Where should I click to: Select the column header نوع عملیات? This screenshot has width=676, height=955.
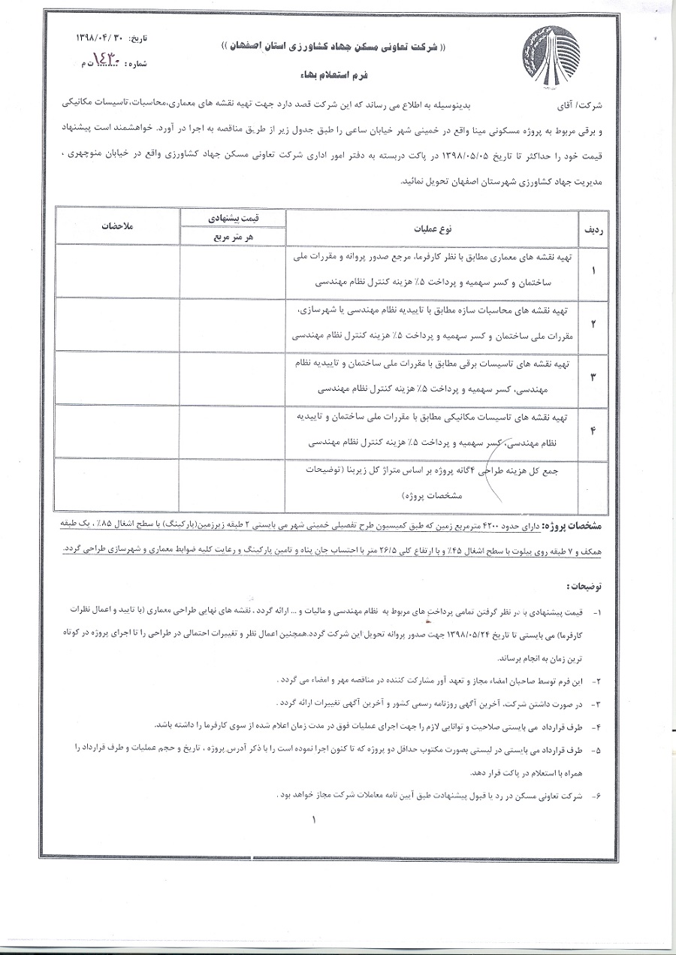point(430,226)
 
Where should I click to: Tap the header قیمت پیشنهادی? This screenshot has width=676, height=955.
point(234,217)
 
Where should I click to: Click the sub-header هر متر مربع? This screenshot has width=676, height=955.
point(234,236)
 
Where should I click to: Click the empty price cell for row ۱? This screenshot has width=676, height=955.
point(234,270)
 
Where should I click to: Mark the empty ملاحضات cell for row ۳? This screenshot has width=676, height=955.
point(116,377)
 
